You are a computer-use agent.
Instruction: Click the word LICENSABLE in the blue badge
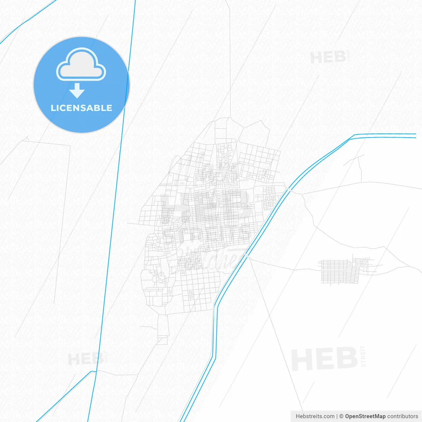click(81, 108)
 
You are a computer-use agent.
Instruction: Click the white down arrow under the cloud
click(77, 91)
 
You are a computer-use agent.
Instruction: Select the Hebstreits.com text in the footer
click(315, 416)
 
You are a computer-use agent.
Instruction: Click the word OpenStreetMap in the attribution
click(365, 416)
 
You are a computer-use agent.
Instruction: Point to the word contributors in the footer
click(403, 416)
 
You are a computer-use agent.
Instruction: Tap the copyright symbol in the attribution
click(341, 416)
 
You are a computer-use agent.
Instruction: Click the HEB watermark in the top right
click(328, 58)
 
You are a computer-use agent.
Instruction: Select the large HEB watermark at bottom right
click(324, 359)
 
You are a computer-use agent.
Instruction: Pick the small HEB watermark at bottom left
click(85, 359)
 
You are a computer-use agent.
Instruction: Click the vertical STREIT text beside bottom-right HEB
click(363, 356)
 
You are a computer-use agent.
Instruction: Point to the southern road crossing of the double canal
click(246, 256)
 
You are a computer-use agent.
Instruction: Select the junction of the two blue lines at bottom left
click(94, 372)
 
